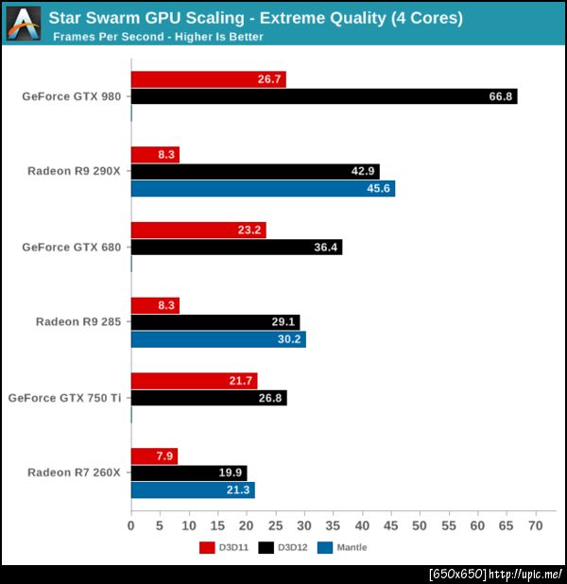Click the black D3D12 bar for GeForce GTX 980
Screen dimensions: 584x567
point(323,96)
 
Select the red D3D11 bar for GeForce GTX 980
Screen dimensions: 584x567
point(208,79)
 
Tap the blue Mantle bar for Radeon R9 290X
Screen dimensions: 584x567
point(263,189)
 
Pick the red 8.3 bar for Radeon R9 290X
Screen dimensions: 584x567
point(154,155)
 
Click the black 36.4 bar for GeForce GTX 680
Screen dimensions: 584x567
point(236,248)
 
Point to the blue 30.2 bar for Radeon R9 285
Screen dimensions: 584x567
point(217,339)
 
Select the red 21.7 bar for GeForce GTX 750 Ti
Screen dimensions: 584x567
point(194,381)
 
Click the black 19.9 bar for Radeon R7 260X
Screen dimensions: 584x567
point(188,472)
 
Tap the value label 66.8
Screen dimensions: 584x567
point(498,96)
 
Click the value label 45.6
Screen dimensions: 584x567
point(376,189)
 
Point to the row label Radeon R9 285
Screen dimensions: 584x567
point(78,322)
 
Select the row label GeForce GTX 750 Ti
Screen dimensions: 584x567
point(64,398)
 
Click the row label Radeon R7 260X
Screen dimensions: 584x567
point(74,472)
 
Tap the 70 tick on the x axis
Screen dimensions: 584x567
point(536,525)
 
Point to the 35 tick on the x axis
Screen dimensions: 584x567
point(334,525)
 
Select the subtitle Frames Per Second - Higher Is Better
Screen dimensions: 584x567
point(158,37)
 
